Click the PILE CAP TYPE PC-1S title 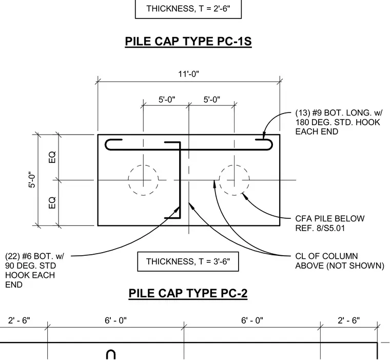[188, 41]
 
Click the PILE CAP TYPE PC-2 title [188, 293]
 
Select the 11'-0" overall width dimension [189, 74]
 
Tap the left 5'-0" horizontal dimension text [167, 100]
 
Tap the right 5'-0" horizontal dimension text [212, 100]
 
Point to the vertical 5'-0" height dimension [32, 180]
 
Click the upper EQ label [52, 157]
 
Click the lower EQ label [52, 203]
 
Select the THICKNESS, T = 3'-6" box [188, 261]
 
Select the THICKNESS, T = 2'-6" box [188, 9]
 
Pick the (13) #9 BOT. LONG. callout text [339, 122]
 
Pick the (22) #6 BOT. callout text [34, 270]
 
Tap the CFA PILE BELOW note [330, 223]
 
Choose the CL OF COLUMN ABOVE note [340, 261]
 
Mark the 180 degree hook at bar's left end [106, 145]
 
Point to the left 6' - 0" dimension [115, 320]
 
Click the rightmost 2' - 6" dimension [349, 320]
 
